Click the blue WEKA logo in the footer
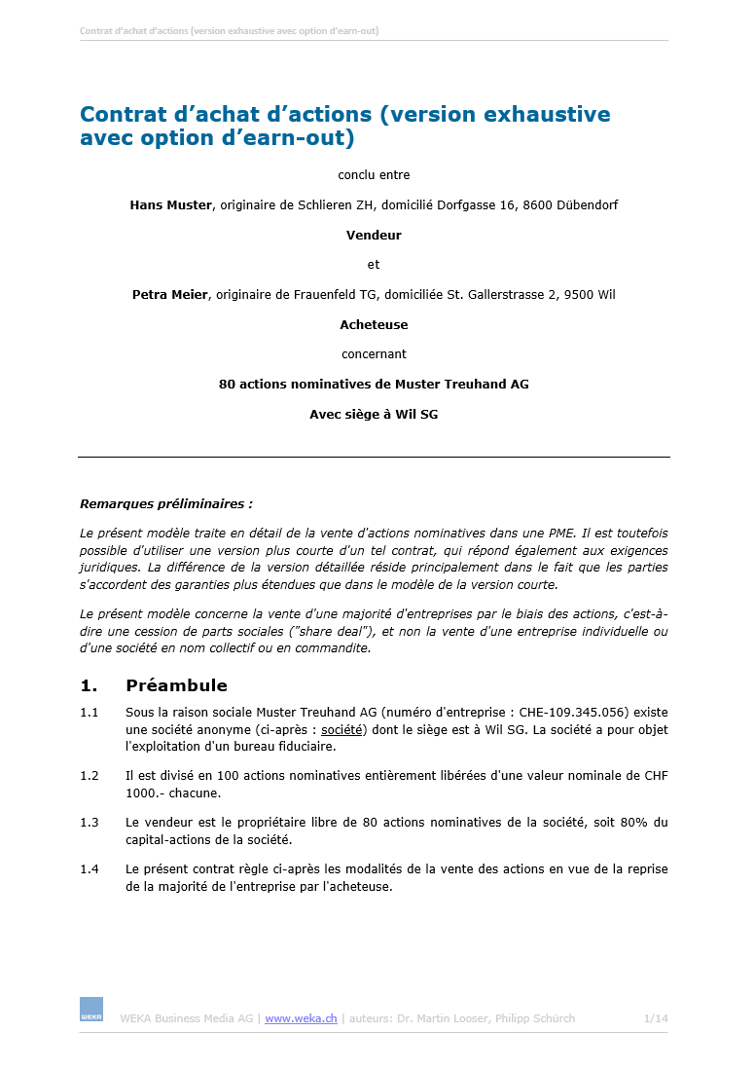(90, 1010)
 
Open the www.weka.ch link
(301, 1018)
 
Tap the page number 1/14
(656, 1018)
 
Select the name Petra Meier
(169, 295)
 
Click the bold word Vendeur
(374, 235)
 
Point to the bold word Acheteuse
(374, 324)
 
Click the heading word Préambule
(176, 685)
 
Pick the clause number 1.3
(90, 823)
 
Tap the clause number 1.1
(90, 713)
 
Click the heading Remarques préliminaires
(165, 504)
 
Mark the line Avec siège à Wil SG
(374, 414)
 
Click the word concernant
(374, 353)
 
